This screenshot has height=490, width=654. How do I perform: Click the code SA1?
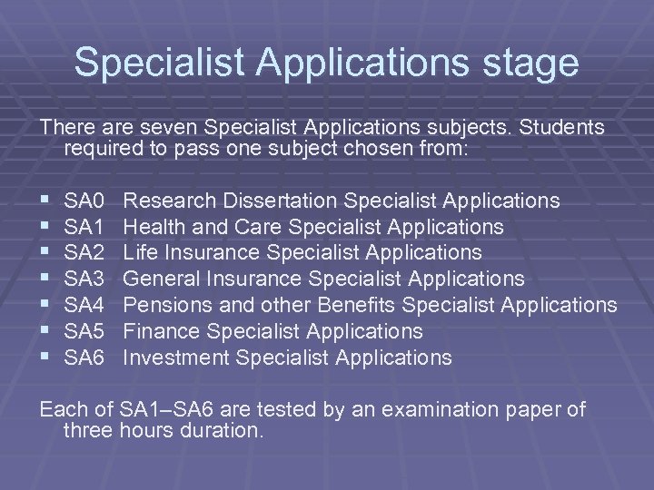86,226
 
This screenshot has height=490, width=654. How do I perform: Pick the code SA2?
86,252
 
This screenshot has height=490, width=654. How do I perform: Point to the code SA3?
86,279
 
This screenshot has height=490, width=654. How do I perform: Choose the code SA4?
86,305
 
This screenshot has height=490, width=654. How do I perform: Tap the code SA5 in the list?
86,331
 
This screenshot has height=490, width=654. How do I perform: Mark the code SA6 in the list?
86,358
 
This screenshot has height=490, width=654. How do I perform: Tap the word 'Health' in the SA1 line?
154,226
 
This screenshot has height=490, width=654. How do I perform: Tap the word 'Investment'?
174,358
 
